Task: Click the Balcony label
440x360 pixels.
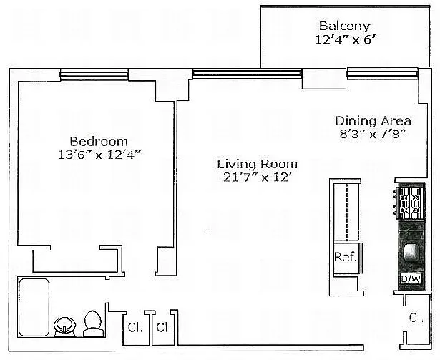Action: pos(345,26)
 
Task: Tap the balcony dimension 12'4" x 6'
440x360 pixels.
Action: pos(346,39)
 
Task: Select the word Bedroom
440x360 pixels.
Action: pos(99,141)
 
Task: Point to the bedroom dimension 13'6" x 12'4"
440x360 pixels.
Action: pos(99,155)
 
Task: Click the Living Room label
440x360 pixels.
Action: pos(258,164)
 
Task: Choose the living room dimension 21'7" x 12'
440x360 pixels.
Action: pos(256,177)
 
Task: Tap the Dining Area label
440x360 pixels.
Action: pos(373,121)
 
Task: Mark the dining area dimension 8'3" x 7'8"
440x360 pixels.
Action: pos(373,134)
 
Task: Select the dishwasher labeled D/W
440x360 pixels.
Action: pos(411,279)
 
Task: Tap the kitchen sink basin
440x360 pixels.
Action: pos(411,251)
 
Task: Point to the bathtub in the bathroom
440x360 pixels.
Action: pos(34,307)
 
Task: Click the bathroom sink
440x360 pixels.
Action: pos(65,326)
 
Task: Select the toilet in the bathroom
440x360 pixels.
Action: pos(93,323)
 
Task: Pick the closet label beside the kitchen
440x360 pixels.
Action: pos(416,318)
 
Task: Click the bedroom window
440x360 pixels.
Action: pos(94,74)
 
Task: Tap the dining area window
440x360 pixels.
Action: pos(383,74)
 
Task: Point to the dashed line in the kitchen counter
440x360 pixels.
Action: pos(348,213)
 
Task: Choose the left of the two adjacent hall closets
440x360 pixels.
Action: pos(136,328)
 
